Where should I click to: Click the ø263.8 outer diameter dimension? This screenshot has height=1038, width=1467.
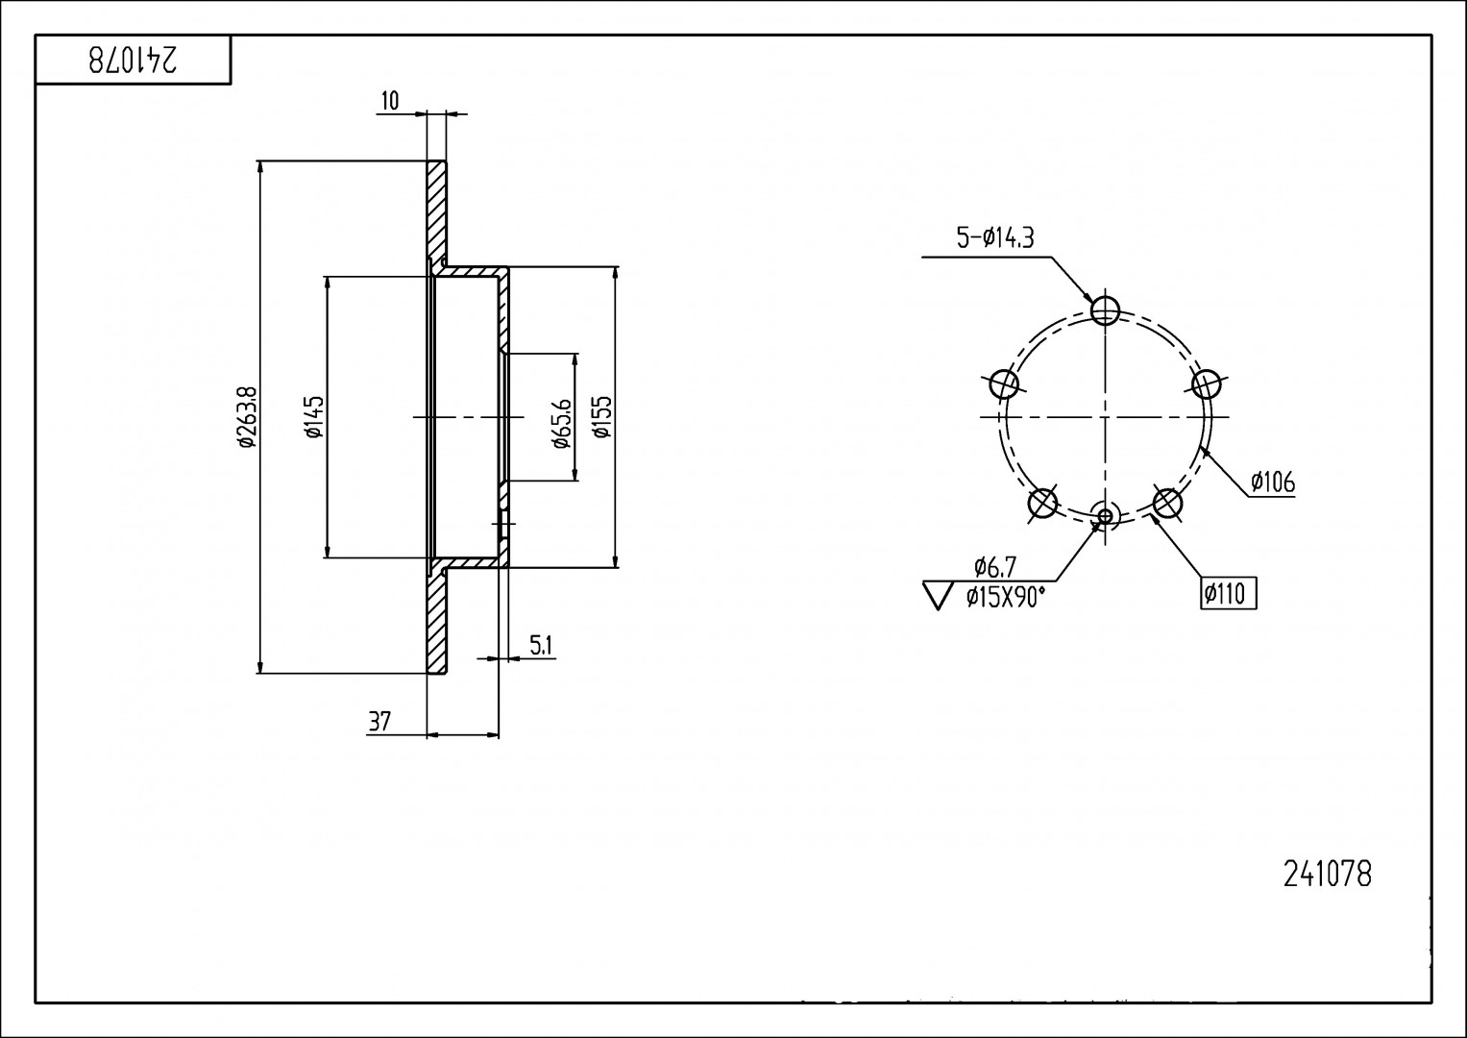tap(248, 417)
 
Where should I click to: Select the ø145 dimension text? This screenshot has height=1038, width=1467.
tap(315, 417)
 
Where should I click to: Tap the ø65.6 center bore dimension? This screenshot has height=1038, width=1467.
tap(563, 423)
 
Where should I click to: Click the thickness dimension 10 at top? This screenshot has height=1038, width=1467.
tap(390, 101)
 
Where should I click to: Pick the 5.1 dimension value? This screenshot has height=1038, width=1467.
tap(541, 646)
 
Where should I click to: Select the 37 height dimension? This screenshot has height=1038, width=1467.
tap(379, 722)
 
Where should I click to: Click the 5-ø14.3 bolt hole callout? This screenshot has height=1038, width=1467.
tap(995, 238)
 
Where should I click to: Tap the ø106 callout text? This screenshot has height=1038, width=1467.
tap(1273, 482)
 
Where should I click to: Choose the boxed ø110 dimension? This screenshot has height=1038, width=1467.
tap(1228, 594)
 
